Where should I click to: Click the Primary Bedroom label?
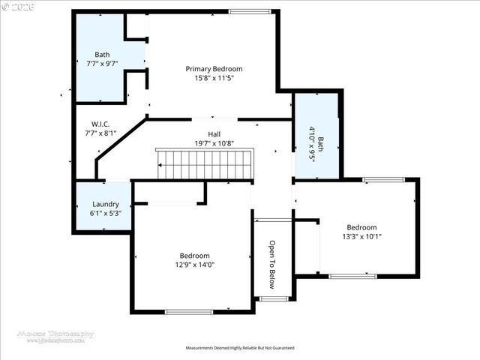tap(214, 69)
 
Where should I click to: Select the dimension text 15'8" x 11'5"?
tap(214, 78)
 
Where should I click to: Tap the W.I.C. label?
tap(101, 124)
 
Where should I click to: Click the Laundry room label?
tap(105, 204)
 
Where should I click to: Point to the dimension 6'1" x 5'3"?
tap(105, 213)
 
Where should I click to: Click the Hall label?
tap(214, 133)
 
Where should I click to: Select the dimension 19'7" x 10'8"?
tap(214, 142)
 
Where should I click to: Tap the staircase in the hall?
tap(205, 163)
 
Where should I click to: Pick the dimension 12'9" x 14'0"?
tap(194, 264)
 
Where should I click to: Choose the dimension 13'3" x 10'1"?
tap(361, 236)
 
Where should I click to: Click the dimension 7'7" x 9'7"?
tap(102, 64)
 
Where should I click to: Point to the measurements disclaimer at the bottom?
tap(240, 348)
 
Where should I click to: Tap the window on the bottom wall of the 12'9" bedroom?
tap(188, 311)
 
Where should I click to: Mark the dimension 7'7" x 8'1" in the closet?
tap(101, 133)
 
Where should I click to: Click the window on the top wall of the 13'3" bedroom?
tap(383, 179)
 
